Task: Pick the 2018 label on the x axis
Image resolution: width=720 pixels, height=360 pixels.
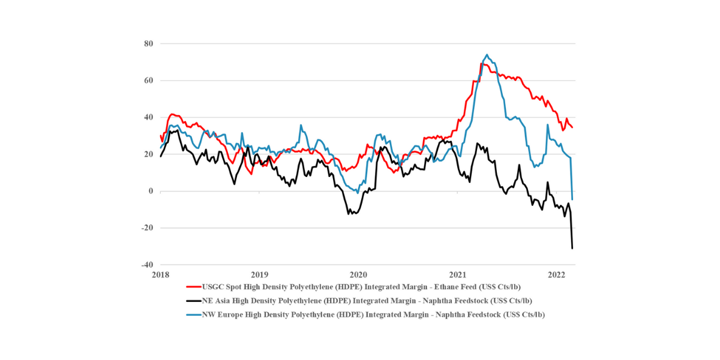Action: tap(161, 274)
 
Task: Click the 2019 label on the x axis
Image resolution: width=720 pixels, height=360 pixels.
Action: tap(260, 274)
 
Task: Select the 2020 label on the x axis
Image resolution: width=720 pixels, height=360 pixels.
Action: tap(359, 274)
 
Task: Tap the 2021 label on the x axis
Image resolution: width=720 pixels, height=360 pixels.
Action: tap(458, 274)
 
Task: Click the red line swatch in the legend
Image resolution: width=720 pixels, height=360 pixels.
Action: tap(194, 287)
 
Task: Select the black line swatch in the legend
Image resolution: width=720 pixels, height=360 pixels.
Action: tap(194, 301)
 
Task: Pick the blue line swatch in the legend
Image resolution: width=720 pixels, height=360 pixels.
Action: tap(194, 314)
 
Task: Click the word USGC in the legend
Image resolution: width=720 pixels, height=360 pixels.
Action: tap(214, 287)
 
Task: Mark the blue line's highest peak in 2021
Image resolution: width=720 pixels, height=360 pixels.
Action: tap(486, 55)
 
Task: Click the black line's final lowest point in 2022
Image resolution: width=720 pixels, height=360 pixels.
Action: tap(572, 248)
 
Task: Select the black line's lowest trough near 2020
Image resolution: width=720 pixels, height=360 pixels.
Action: tap(349, 214)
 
